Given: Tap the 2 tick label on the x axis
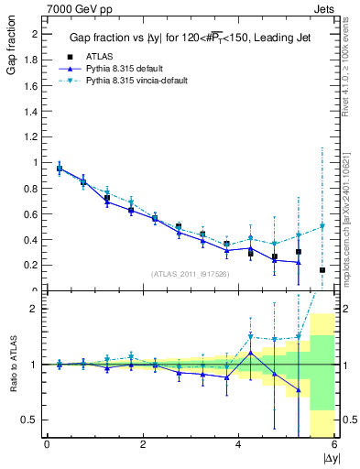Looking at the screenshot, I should pyautogui.click(x=143, y=446).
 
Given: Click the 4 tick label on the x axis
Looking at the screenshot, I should pyautogui.click(x=238, y=446).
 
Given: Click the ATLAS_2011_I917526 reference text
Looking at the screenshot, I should pyautogui.click(x=189, y=273).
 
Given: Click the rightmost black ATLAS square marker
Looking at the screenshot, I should pyautogui.click(x=322, y=270).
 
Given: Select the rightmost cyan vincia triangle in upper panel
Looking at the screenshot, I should pyautogui.click(x=322, y=226).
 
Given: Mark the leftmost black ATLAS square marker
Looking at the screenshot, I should pyautogui.click(x=60, y=169).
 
